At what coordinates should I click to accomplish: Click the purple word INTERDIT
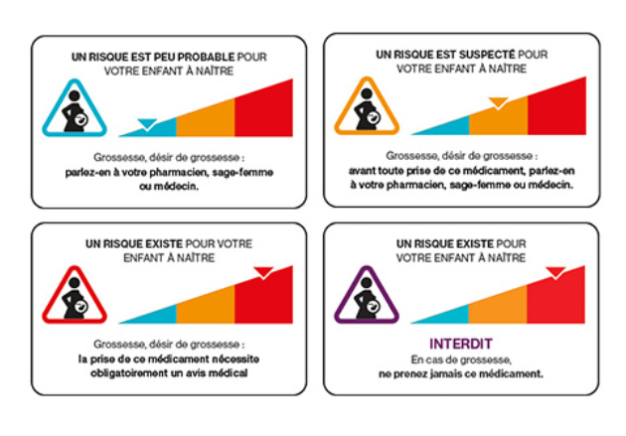461,344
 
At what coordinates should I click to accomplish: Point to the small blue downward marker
147,124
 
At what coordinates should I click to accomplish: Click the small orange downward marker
498,103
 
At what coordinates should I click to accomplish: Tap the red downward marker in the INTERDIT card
555,273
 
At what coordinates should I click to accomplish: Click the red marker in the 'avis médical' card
263,273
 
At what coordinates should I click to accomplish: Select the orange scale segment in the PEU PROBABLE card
206,119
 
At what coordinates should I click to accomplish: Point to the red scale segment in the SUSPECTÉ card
556,108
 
